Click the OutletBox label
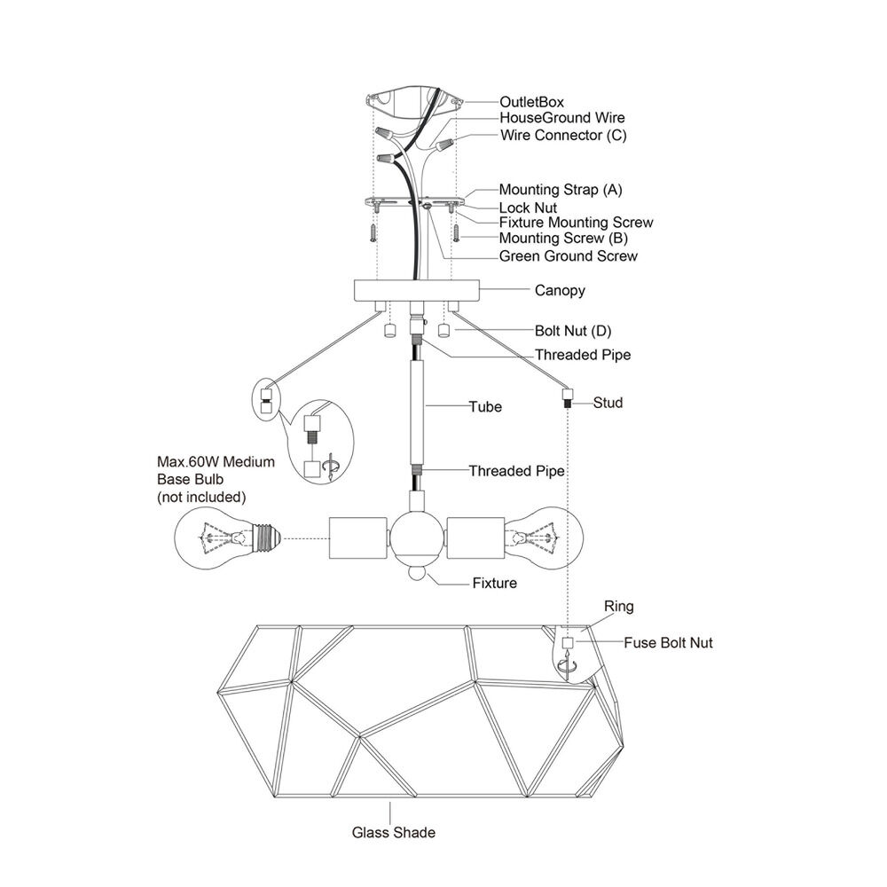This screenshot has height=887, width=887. pyautogui.click(x=531, y=102)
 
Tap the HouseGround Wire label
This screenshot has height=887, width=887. pyautogui.click(x=562, y=118)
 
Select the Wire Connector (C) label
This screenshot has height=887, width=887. pyautogui.click(x=563, y=136)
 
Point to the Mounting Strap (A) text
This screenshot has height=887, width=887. pyautogui.click(x=561, y=190)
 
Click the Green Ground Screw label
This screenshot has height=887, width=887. pyautogui.click(x=568, y=256)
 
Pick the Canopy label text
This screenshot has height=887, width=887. pyautogui.click(x=560, y=291)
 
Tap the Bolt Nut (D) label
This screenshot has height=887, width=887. pyautogui.click(x=573, y=331)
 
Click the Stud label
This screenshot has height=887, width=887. pyautogui.click(x=608, y=403)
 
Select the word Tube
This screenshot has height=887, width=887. pyautogui.click(x=485, y=407)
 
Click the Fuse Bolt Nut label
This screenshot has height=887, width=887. pyautogui.click(x=668, y=642)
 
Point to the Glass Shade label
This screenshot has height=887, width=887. pyautogui.click(x=394, y=833)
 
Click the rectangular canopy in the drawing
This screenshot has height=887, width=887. pyautogui.click(x=417, y=290)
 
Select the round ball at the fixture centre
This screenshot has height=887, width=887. pyautogui.click(x=418, y=538)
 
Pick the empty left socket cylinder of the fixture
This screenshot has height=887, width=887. pyautogui.click(x=358, y=538)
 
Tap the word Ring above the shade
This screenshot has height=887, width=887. pyautogui.click(x=619, y=607)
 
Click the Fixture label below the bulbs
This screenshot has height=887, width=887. pyautogui.click(x=494, y=584)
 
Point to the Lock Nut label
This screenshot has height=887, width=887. pyautogui.click(x=528, y=208)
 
